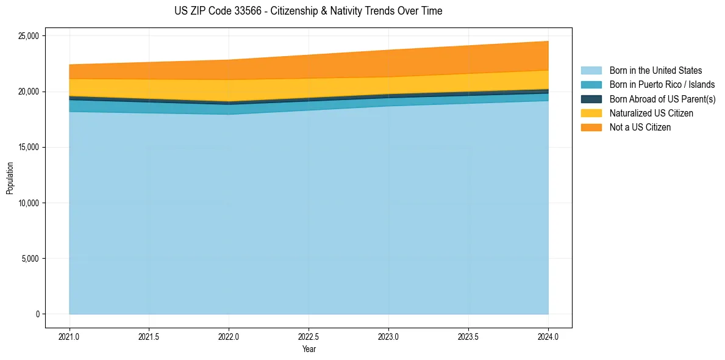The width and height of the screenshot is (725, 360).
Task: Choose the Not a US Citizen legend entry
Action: coord(640,127)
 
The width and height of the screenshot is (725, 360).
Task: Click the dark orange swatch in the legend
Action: coord(591,127)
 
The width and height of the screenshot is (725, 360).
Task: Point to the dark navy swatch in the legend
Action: coord(591,99)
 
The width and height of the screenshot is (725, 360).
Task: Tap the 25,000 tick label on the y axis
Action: coord(28,36)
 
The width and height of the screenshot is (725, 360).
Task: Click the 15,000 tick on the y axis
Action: coord(28,147)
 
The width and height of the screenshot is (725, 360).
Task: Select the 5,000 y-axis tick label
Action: coord(30,259)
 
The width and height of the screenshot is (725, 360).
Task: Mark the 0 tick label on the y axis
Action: coord(37,314)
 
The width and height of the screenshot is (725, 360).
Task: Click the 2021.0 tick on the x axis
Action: coord(69,337)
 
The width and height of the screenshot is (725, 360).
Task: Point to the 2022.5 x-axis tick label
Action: coord(309,337)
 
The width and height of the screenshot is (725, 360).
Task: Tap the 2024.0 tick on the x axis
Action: coord(548,337)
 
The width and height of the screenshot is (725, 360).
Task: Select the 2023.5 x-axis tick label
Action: coord(468,337)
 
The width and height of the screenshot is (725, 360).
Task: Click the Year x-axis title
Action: coord(309,349)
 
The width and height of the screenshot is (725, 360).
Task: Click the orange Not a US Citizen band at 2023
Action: coord(388,63)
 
